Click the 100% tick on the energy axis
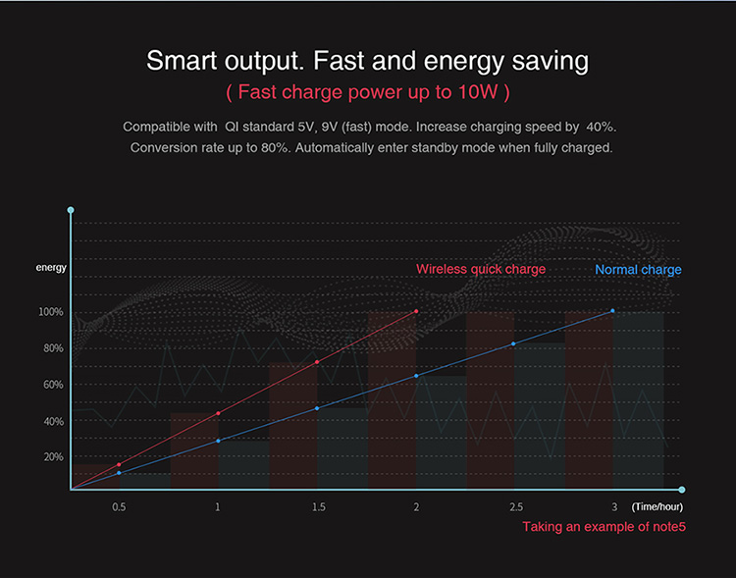(51, 312)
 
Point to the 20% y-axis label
(53, 457)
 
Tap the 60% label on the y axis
(53, 385)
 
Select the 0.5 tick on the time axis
(119, 507)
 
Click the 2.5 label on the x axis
(515, 507)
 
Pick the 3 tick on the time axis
(614, 507)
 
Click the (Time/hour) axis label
(657, 507)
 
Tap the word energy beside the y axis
(51, 267)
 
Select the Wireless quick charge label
(481, 269)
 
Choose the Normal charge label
(638, 270)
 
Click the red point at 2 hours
(416, 312)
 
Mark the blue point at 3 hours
(613, 311)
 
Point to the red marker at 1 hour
(218, 413)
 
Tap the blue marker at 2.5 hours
(513, 344)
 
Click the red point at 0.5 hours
(119, 464)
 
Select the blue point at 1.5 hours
(317, 408)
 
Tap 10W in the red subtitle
(476, 92)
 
